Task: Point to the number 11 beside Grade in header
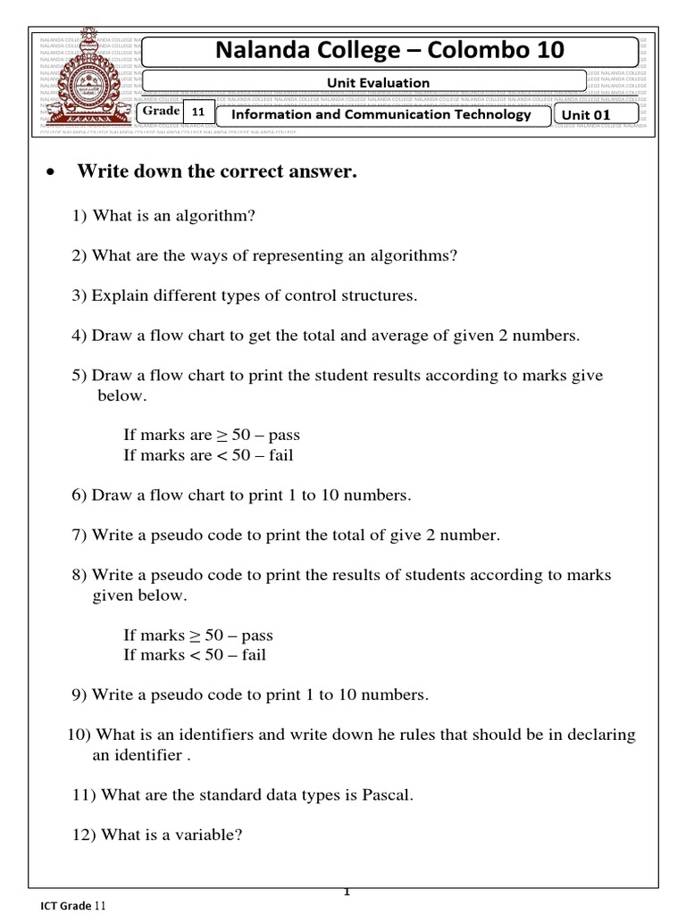(x=198, y=112)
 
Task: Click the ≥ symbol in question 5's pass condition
(x=222, y=436)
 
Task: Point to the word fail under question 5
(x=280, y=455)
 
